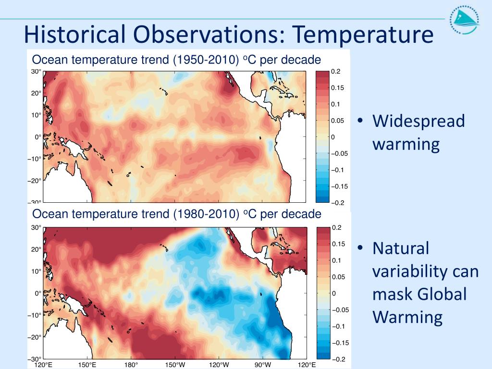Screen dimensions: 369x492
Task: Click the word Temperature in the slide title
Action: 363,35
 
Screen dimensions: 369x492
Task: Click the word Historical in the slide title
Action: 75,35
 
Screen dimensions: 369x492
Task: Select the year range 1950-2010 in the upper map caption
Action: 206,60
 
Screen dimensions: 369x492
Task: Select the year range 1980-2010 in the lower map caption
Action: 206,214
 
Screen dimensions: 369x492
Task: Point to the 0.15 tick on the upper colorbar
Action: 337,88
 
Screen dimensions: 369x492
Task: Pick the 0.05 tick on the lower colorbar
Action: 338,277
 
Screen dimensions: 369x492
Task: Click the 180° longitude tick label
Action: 131,365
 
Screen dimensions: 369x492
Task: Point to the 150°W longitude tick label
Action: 175,365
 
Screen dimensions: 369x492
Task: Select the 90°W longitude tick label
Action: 263,365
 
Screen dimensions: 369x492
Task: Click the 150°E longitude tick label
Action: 87,365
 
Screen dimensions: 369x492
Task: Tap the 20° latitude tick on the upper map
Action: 36,93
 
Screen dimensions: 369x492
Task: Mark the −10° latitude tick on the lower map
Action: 34,315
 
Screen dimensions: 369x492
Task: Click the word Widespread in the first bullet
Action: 418,121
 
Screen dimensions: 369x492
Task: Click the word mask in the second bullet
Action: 389,295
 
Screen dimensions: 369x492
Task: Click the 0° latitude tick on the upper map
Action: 37,137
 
